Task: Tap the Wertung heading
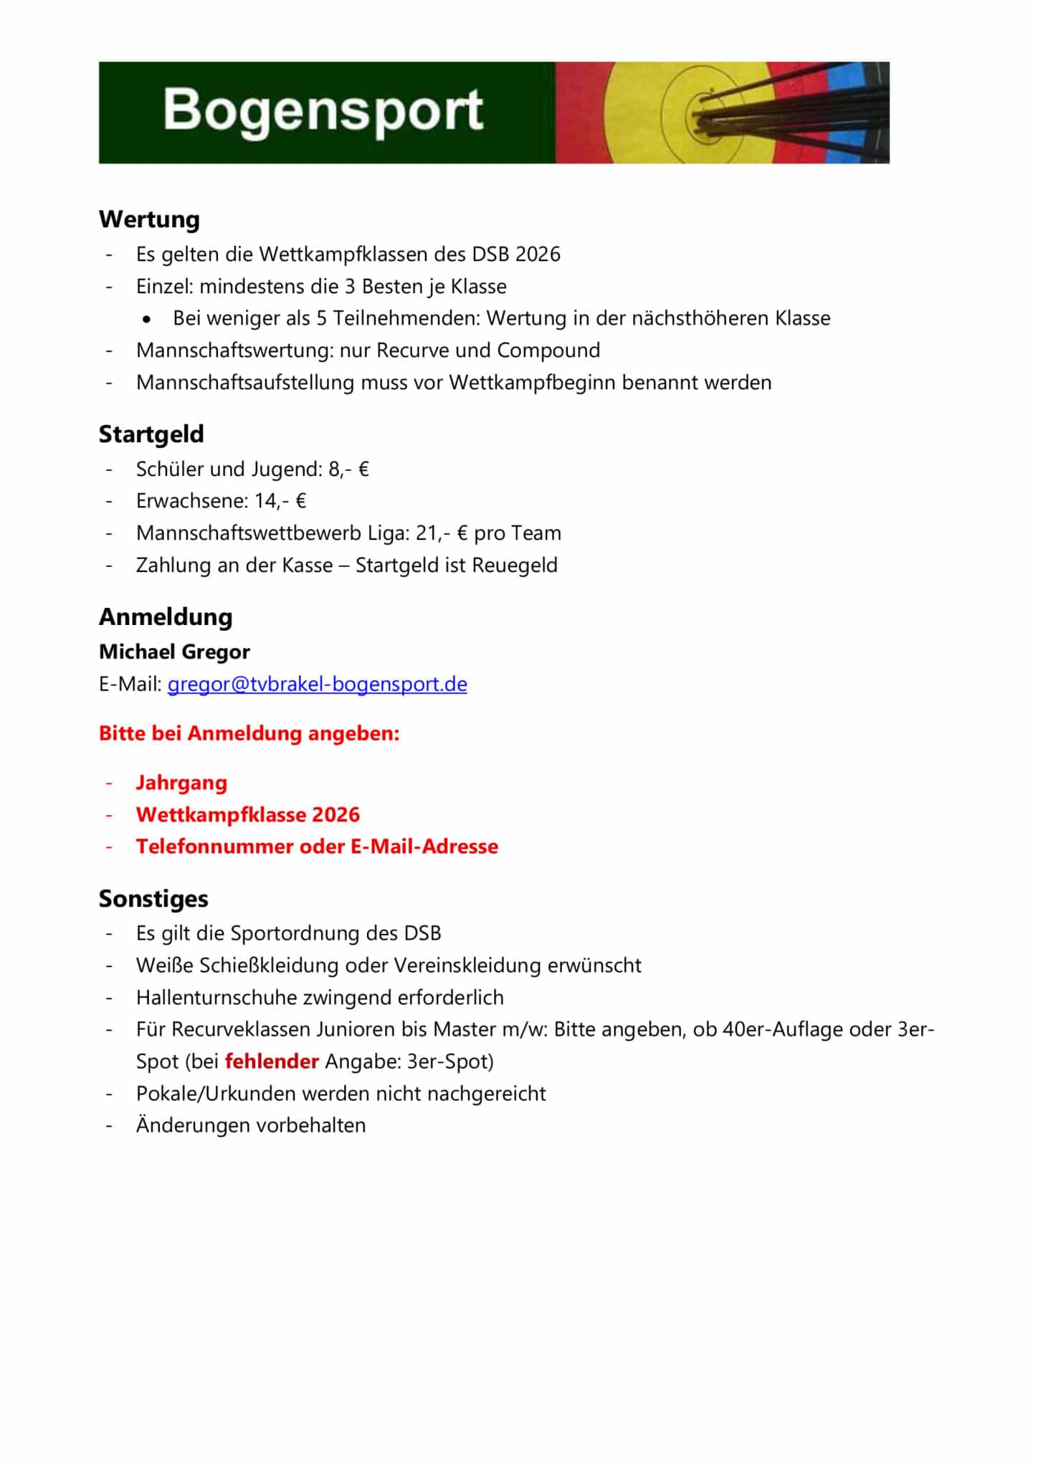149,219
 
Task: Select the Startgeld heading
151,434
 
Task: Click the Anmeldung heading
166,617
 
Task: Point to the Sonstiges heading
153,899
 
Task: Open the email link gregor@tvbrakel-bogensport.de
317,685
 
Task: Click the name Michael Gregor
174,652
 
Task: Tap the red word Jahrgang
181,783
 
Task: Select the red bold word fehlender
272,1062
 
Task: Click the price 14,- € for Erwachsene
280,501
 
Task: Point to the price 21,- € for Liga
442,533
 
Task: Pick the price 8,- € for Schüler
348,470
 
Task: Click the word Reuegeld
515,566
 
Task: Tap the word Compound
548,351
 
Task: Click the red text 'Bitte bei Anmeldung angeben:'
249,733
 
